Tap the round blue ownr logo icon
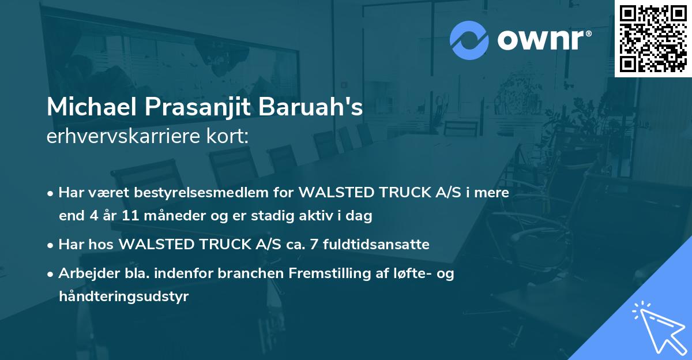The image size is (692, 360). (469, 40)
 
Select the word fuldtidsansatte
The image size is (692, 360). (381, 245)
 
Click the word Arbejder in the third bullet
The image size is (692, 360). (85, 273)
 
